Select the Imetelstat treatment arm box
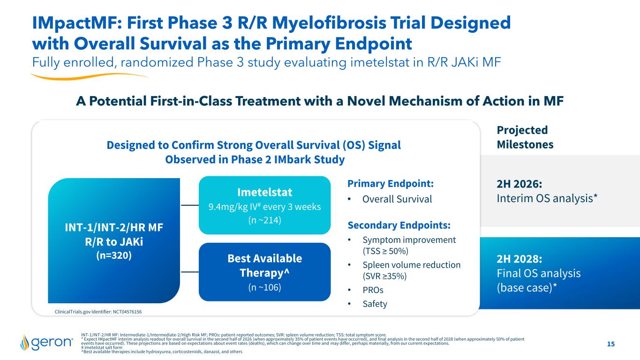[264, 205]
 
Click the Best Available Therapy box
[264, 272]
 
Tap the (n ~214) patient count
[264, 220]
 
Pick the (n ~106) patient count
[264, 287]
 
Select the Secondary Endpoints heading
[399, 225]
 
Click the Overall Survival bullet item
[397, 199]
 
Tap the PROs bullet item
[373, 290]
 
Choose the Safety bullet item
[375, 304]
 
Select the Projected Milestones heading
[525, 137]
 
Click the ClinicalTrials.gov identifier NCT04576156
[98, 311]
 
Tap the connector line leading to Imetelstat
[189, 205]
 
